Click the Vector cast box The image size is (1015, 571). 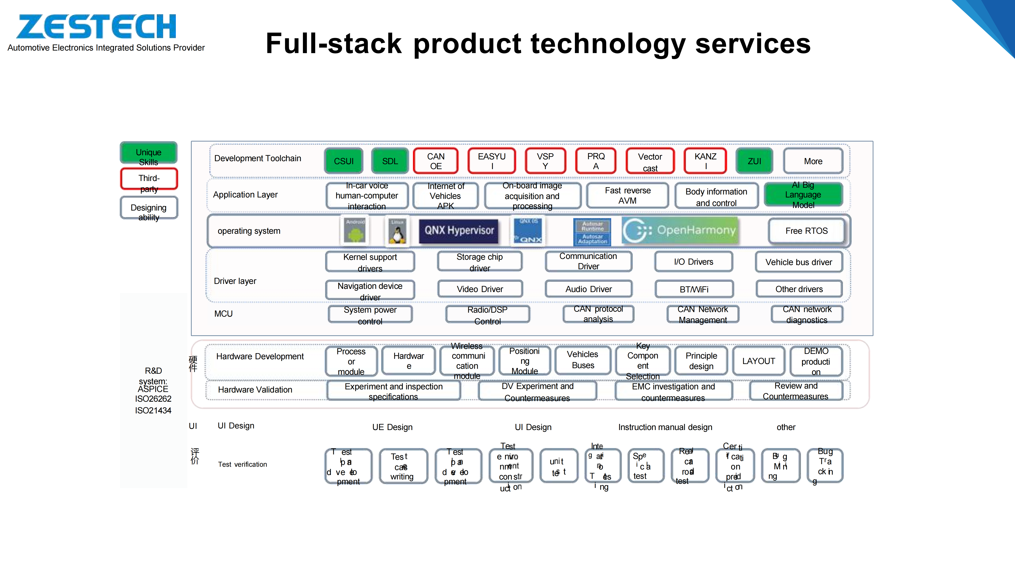(x=650, y=161)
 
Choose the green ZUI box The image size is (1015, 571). (x=754, y=161)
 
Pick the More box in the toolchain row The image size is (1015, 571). (x=813, y=161)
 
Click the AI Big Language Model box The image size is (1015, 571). (x=803, y=195)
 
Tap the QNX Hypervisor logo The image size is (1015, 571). (x=459, y=231)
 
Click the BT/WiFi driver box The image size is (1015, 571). (x=694, y=289)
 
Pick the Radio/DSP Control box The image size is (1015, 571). (x=487, y=315)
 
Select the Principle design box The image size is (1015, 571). (x=701, y=361)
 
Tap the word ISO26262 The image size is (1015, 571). (x=153, y=399)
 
